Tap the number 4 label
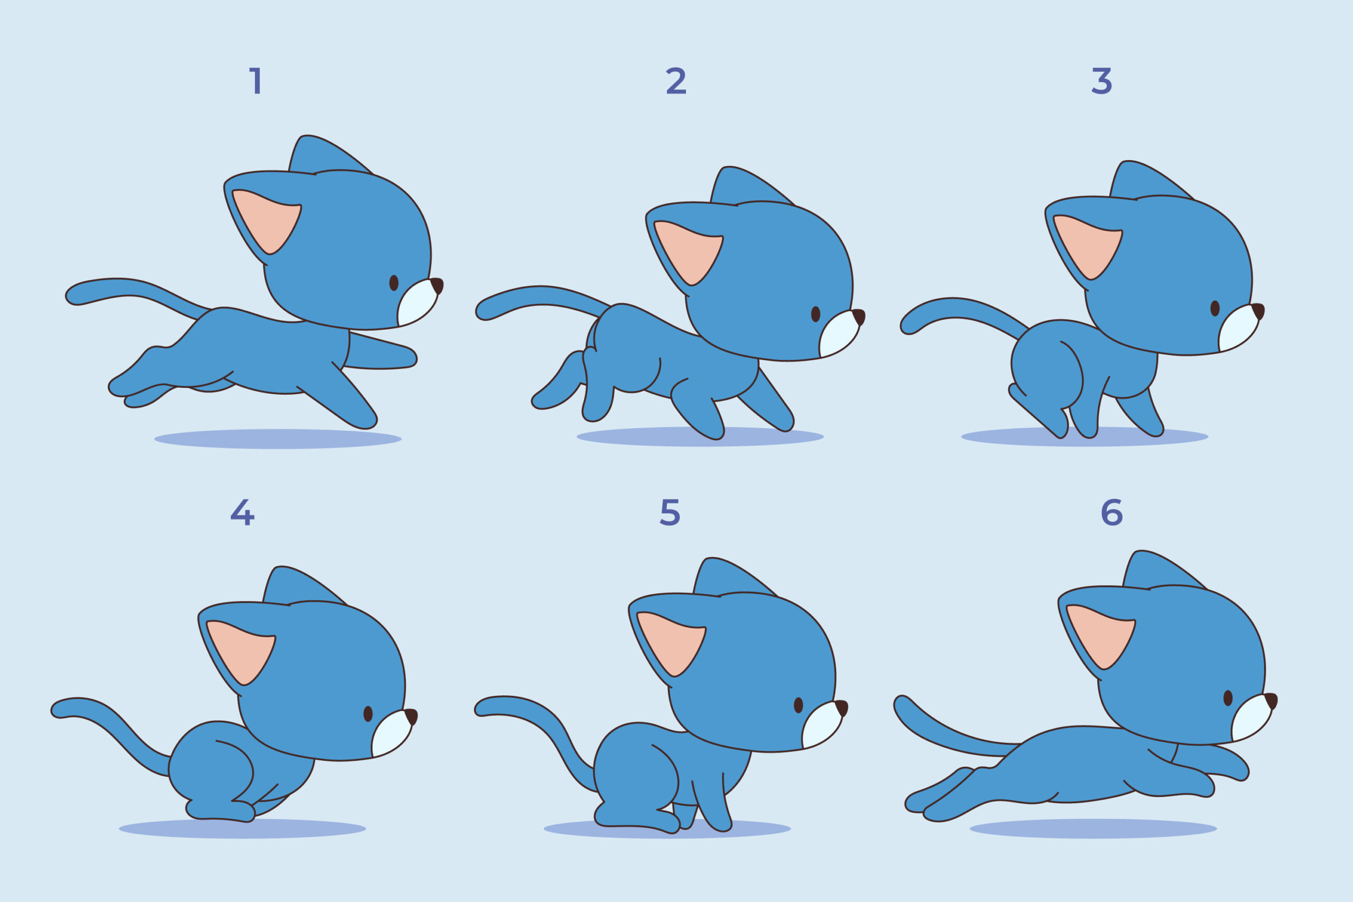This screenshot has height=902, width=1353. pyautogui.click(x=242, y=512)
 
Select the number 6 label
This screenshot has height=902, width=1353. pyautogui.click(x=1111, y=512)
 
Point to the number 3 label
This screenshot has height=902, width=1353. pyautogui.click(x=1101, y=81)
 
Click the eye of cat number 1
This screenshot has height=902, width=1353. pyautogui.click(x=394, y=283)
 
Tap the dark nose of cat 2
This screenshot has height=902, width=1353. pyautogui.click(x=859, y=316)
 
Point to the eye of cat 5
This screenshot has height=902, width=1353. pyautogui.click(x=799, y=705)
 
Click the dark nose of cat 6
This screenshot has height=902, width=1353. pyautogui.click(x=1271, y=700)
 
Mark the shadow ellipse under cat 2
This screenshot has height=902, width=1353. pyautogui.click(x=700, y=437)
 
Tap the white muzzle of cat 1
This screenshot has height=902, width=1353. pyautogui.click(x=417, y=304)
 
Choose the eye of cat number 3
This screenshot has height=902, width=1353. pyautogui.click(x=1215, y=309)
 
